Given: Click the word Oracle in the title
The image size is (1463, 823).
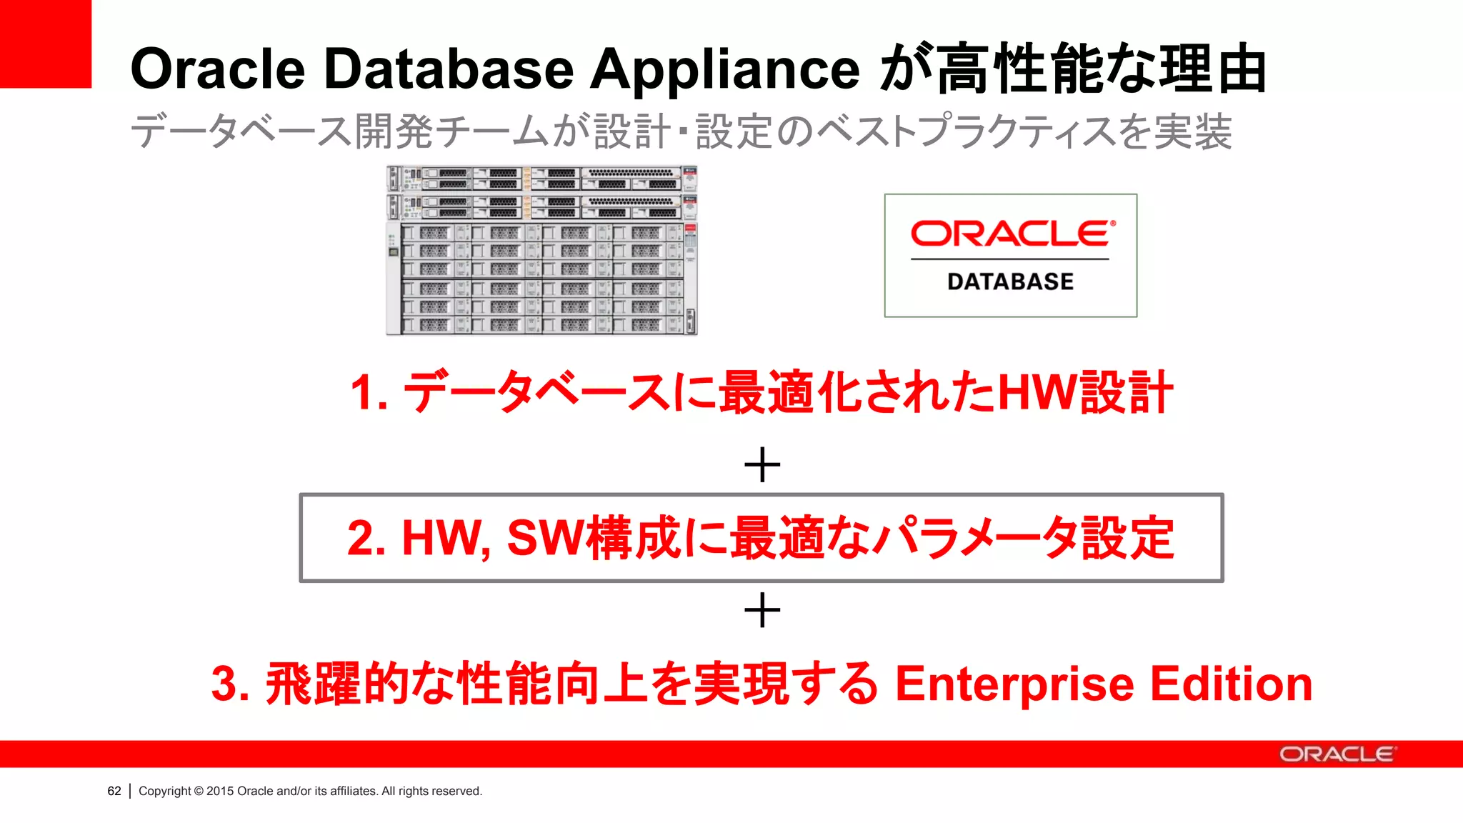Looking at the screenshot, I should (218, 69).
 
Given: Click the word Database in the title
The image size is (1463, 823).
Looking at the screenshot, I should (449, 69).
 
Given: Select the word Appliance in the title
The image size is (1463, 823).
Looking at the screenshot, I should (725, 69).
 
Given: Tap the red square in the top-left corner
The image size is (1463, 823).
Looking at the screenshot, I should (45, 44).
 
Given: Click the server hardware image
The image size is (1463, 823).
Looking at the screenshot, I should (541, 250).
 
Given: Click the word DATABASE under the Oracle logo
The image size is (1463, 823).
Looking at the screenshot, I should (1010, 281).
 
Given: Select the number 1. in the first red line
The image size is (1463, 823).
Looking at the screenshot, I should (369, 393).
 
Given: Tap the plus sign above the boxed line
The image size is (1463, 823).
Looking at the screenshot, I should (762, 465).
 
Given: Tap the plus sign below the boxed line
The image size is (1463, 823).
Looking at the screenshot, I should (762, 611).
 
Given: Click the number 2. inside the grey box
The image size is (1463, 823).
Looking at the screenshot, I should (366, 538).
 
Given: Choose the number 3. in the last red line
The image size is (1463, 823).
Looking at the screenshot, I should (229, 684).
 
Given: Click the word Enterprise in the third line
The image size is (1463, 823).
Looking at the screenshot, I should (1014, 684).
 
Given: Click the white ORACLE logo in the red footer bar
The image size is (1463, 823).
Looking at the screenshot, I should (1336, 754).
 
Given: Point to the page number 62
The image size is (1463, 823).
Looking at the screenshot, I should (114, 791).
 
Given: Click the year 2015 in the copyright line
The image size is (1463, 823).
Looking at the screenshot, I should (220, 791).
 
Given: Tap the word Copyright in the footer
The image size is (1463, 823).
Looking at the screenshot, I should (164, 791).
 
